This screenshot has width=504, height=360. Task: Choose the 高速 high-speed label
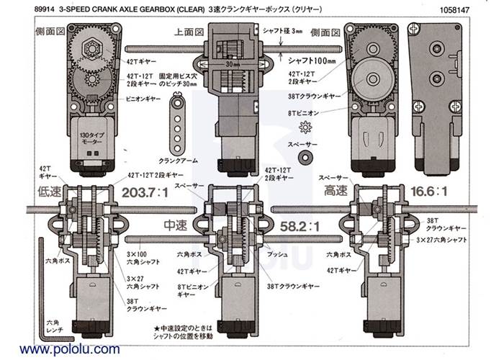click(333, 192)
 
